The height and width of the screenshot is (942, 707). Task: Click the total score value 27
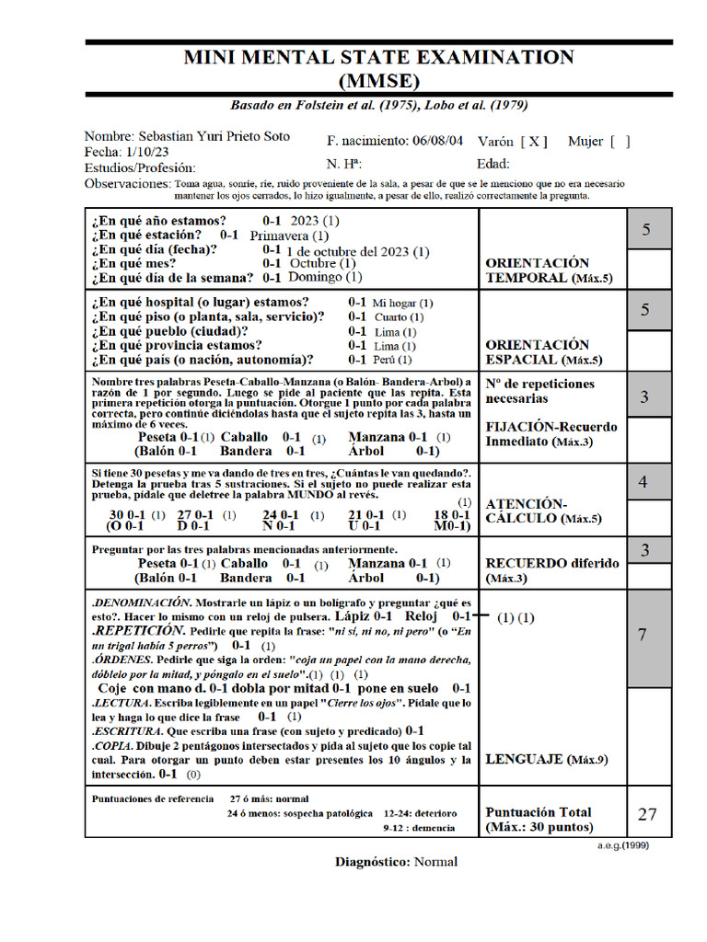647,813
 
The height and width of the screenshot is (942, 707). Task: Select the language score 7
643,635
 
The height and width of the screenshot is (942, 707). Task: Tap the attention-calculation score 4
643,482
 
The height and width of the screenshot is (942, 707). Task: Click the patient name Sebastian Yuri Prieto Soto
213,136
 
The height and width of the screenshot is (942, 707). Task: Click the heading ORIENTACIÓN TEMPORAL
538,270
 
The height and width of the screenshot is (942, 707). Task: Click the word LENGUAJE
523,760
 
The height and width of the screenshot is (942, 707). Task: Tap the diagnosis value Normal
435,862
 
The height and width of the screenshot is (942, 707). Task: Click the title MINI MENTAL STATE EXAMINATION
378,57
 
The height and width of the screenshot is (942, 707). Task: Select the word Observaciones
127,184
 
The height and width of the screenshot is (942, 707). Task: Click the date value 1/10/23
148,152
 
